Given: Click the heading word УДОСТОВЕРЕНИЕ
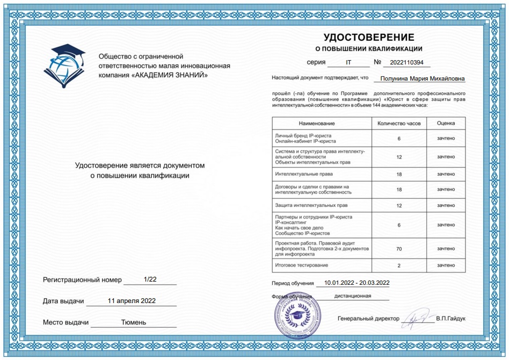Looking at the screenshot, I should pos(368,37).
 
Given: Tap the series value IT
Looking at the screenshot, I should pos(348,62).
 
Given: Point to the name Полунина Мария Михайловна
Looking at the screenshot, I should pos(422,78).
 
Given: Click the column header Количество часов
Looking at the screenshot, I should pos(399,124).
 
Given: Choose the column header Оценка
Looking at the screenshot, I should pos(446,124).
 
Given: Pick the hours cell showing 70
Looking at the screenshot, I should pos(399,249).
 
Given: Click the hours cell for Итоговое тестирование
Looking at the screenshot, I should pos(399,265).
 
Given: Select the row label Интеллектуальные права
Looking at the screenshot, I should pos(304,174).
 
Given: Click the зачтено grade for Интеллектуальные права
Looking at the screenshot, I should pos(446,174).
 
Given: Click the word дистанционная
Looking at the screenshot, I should pos(353,296).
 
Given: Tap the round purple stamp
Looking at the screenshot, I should pos(293,314).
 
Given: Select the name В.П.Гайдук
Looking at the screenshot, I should pos(451,319).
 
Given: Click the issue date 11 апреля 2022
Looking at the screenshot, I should pos(132,301).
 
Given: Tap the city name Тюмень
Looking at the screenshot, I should pos(133,322).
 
